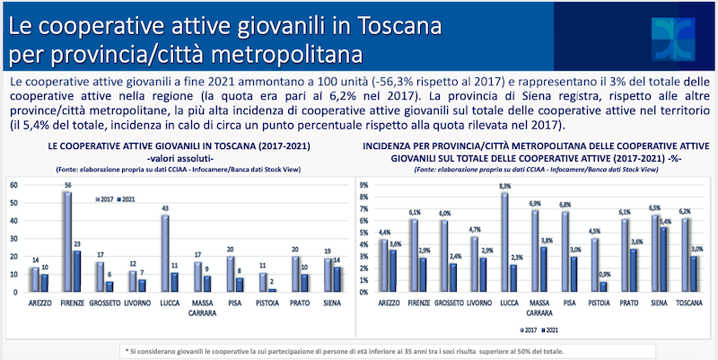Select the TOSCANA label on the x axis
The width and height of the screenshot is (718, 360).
point(690,303)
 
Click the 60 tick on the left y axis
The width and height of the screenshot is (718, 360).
point(13,184)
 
